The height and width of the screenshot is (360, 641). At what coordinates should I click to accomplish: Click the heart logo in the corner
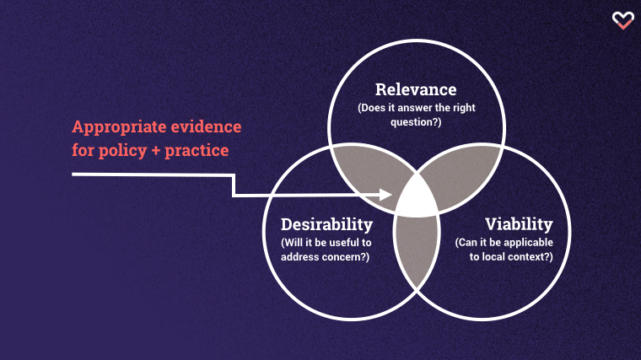pyautogui.click(x=622, y=20)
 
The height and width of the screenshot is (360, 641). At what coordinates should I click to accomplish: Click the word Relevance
pyautogui.click(x=416, y=89)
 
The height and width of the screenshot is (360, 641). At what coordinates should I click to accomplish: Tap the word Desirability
pyautogui.click(x=326, y=224)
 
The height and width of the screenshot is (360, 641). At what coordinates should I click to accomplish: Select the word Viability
pyautogui.click(x=519, y=224)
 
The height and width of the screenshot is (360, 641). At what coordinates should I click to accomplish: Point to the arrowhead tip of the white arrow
pyautogui.click(x=392, y=195)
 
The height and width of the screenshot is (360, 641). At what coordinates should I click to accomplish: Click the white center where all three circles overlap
pyautogui.click(x=417, y=197)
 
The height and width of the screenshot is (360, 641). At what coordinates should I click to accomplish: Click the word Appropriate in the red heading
pyautogui.click(x=119, y=127)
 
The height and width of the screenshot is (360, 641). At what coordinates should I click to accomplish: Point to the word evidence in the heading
pyautogui.click(x=206, y=126)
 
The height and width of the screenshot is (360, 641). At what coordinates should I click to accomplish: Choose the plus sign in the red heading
pyautogui.click(x=155, y=151)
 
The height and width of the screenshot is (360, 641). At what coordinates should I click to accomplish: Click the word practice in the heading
pyautogui.click(x=197, y=151)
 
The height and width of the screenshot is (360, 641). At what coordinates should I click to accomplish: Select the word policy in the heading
pyautogui.click(x=122, y=151)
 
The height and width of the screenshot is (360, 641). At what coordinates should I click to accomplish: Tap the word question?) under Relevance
pyautogui.click(x=416, y=122)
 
